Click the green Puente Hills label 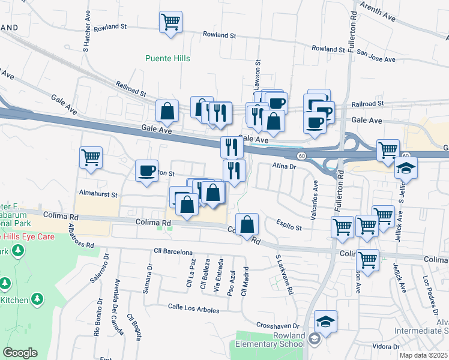point(168,59)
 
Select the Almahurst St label point(98,195)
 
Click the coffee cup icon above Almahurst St point(146,172)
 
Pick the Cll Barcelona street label point(173,251)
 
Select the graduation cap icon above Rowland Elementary point(325,322)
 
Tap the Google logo point(20,353)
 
